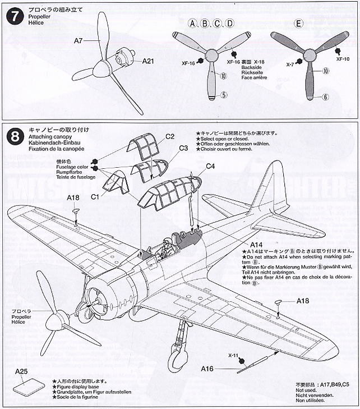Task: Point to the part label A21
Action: click(x=148, y=61)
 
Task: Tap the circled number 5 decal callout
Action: click(x=223, y=95)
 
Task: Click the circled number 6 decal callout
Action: click(x=325, y=97)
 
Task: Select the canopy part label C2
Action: click(x=170, y=136)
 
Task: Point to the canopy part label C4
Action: click(x=210, y=166)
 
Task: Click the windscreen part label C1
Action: click(x=95, y=196)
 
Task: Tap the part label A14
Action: click(x=256, y=245)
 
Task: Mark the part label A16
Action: click(x=209, y=369)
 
